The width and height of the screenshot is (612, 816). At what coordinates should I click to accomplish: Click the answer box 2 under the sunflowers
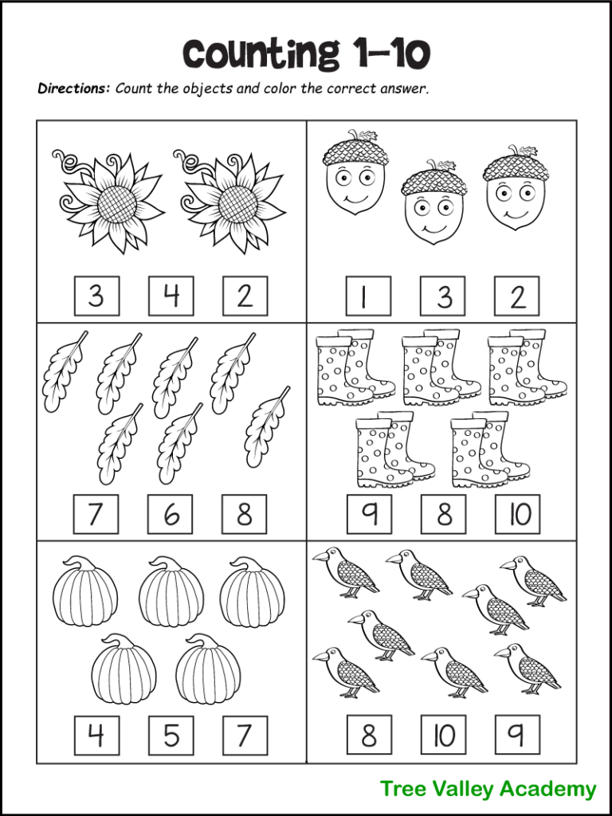[x=245, y=296]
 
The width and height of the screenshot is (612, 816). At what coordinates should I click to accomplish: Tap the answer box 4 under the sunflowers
[x=171, y=296]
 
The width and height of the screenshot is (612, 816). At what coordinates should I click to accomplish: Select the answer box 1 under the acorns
[x=367, y=296]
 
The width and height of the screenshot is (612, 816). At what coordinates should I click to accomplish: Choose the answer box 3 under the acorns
[x=443, y=296]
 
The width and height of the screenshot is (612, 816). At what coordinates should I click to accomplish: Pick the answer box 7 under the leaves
[x=96, y=514]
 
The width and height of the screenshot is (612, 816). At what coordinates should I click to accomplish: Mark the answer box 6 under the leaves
[x=171, y=514]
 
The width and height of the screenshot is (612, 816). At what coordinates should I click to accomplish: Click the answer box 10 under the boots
[x=518, y=514]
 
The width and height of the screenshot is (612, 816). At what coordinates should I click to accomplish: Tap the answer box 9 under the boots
[x=369, y=514]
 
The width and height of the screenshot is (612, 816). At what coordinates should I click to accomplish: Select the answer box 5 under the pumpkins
[x=171, y=735]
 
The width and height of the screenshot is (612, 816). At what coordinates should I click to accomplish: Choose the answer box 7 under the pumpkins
[x=245, y=735]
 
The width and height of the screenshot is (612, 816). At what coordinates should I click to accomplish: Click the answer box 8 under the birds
[x=369, y=735]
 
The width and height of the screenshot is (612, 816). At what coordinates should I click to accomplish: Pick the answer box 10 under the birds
[x=443, y=735]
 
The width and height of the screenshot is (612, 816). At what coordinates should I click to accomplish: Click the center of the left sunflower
[x=120, y=206]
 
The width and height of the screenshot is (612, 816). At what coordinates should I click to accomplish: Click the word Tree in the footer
[x=402, y=789]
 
